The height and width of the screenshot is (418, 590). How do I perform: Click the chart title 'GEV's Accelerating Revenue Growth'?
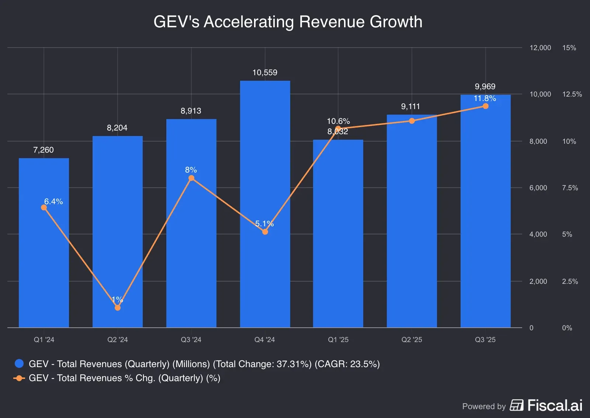click(288, 22)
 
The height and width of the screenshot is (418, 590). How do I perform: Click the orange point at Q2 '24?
click(118, 307)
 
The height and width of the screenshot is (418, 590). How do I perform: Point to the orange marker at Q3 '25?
click(485, 106)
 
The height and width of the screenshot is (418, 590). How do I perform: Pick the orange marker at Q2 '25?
click(412, 121)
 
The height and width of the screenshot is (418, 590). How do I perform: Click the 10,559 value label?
click(265, 73)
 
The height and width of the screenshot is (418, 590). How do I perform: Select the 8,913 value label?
click(191, 111)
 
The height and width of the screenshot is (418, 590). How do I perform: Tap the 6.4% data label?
click(53, 202)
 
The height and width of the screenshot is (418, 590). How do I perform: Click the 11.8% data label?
click(485, 98)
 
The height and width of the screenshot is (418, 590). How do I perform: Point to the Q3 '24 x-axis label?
click(191, 340)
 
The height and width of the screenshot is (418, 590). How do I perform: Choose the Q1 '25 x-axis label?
click(338, 340)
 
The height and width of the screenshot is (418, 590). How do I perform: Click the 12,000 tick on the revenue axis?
click(540, 48)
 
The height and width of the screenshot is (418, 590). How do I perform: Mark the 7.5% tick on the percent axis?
click(570, 188)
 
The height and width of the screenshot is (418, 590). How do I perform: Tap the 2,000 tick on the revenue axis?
click(538, 282)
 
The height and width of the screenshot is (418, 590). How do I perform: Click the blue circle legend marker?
click(19, 364)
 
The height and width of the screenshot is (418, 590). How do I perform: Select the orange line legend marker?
click(19, 378)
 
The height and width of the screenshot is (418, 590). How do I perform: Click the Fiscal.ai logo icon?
click(517, 405)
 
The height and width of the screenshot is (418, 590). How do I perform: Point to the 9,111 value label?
click(410, 107)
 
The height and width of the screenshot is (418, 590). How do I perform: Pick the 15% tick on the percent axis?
click(569, 48)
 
